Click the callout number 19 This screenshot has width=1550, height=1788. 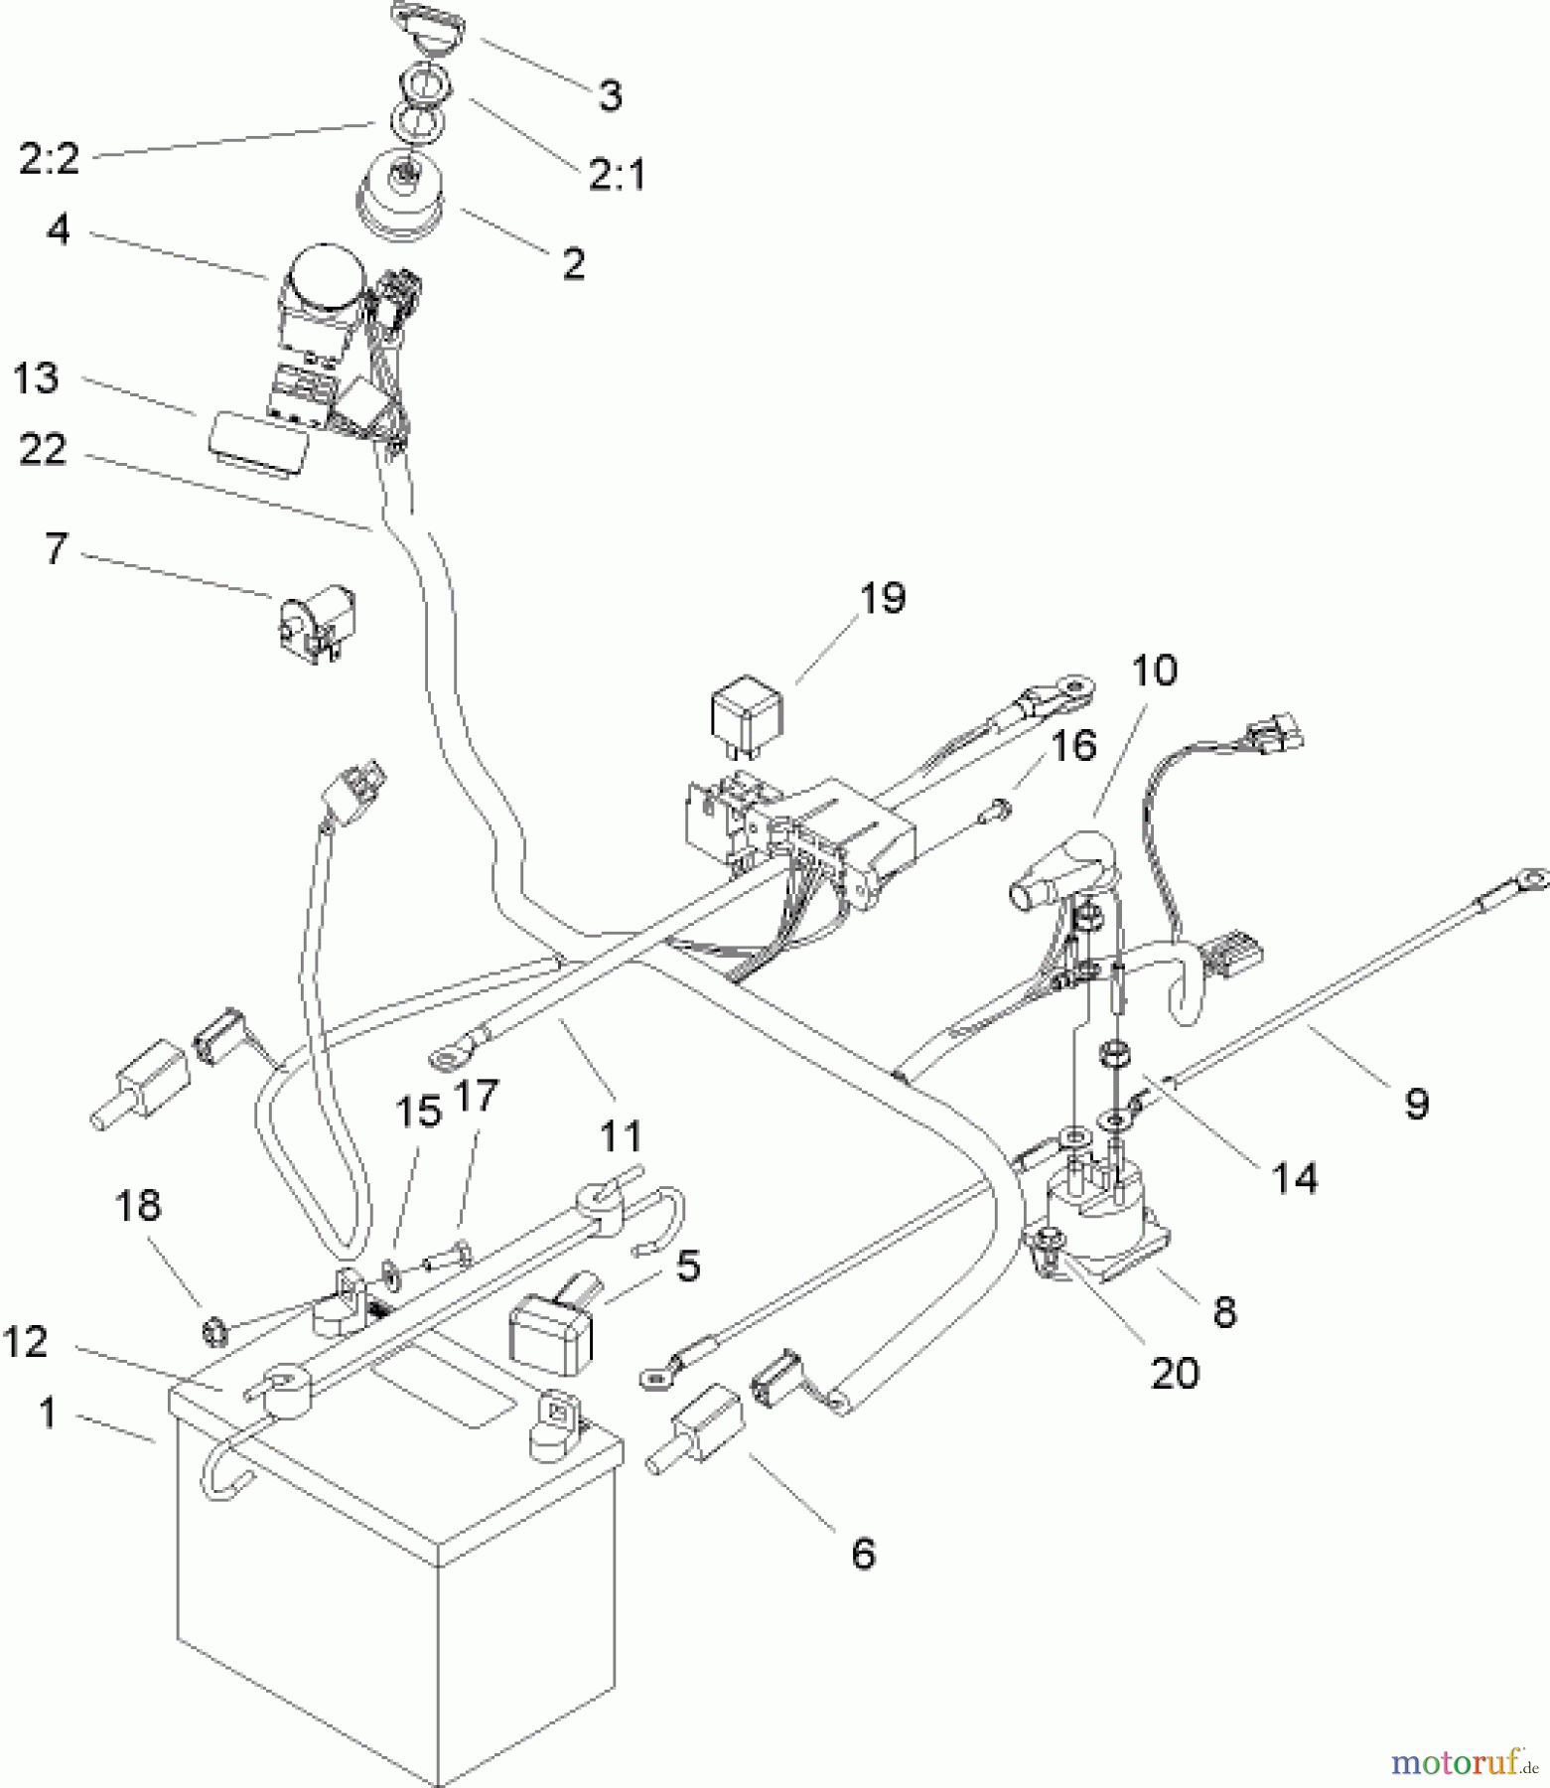pyautogui.click(x=883, y=599)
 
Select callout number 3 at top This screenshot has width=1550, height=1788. pyautogui.click(x=610, y=96)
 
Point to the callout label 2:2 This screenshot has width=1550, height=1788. pyautogui.click(x=49, y=159)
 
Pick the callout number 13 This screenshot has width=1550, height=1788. pyautogui.click(x=37, y=378)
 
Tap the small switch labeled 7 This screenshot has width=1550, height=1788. pyautogui.click(x=312, y=626)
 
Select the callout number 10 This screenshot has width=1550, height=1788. pyautogui.click(x=1155, y=670)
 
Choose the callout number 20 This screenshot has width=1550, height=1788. pyautogui.click(x=1175, y=1373)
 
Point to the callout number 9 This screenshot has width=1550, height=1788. pyautogui.click(x=1416, y=1103)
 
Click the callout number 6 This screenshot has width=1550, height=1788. pyautogui.click(x=863, y=1552)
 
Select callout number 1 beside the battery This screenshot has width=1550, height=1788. pyautogui.click(x=48, y=1414)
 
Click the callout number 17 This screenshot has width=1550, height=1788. pyautogui.click(x=478, y=1098)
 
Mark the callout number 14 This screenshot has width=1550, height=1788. pyautogui.click(x=1296, y=1178)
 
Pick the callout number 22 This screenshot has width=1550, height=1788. pyautogui.click(x=42, y=450)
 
